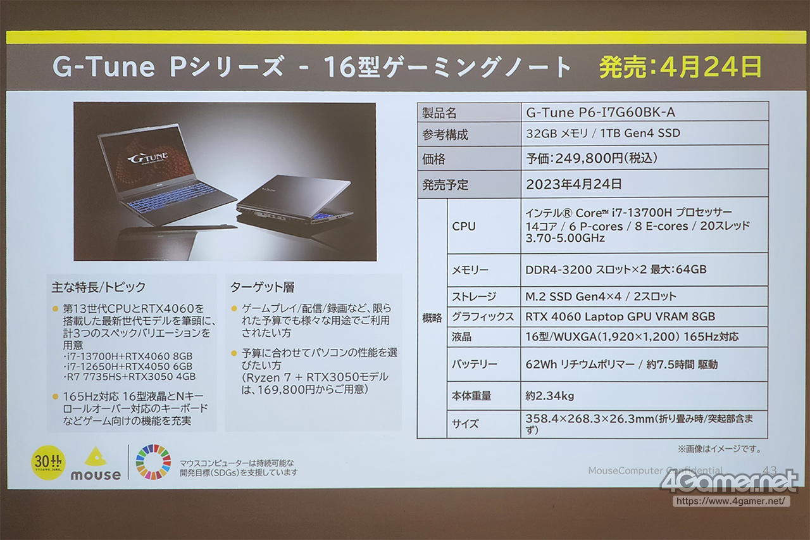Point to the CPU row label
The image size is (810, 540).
[x=464, y=226]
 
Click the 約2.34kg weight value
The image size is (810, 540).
[x=550, y=396]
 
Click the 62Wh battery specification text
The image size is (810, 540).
[x=621, y=364]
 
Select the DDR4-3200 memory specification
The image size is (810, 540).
[x=616, y=270]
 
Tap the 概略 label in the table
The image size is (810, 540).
[x=432, y=318]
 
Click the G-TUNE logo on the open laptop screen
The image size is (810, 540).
[x=148, y=158]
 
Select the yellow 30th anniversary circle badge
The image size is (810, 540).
[x=48, y=463]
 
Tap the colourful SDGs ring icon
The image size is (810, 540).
[x=153, y=462]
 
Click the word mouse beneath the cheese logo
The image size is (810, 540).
[x=96, y=475]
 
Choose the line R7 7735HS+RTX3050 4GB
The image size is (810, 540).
[x=130, y=377]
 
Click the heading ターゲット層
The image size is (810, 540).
[x=263, y=287]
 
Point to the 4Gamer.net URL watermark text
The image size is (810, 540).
[x=731, y=501]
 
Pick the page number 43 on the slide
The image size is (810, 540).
[x=769, y=470]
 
